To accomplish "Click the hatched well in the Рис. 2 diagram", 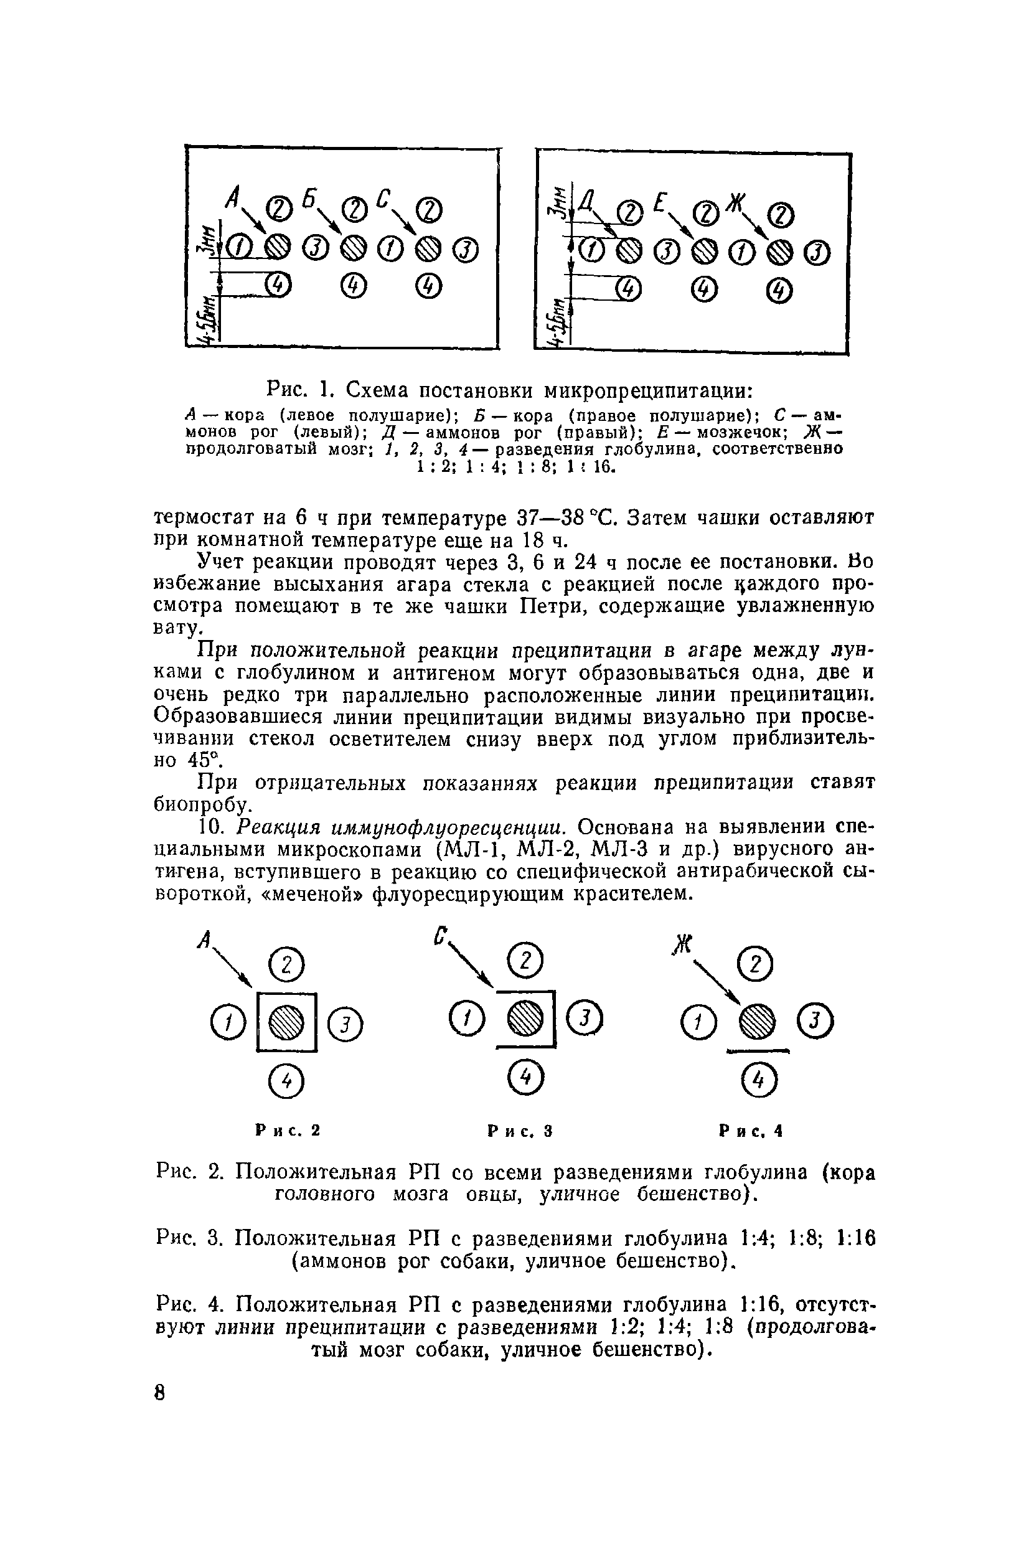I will tap(287, 1022).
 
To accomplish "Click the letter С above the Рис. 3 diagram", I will tap(441, 935).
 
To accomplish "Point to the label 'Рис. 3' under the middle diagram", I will tap(520, 1131).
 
